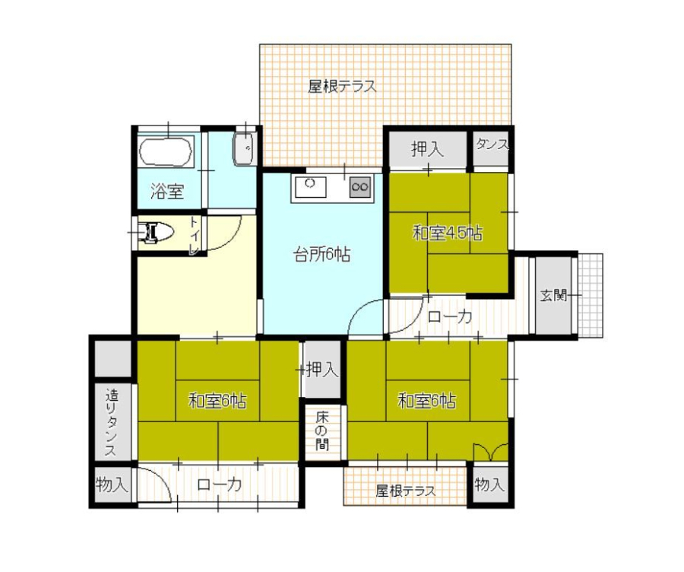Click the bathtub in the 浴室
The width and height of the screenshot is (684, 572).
point(166,151)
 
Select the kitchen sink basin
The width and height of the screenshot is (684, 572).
point(311,187)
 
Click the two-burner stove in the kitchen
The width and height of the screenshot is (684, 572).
point(360,187)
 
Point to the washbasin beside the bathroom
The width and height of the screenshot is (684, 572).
point(245,148)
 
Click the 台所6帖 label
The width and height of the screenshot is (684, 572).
point(321,254)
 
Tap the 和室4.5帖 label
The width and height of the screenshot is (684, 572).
point(448,234)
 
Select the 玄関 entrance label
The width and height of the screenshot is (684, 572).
point(553,295)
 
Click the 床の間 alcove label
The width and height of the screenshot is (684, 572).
point(322,431)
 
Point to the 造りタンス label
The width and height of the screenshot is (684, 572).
point(112,423)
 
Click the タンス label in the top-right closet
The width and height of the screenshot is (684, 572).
point(492,145)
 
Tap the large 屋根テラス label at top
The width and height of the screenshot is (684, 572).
point(342,87)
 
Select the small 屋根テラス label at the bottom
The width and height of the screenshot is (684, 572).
point(406,491)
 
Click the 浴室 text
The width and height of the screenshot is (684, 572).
point(167,191)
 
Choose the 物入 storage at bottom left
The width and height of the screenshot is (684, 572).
point(112,484)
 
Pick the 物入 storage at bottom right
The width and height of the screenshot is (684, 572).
point(491,484)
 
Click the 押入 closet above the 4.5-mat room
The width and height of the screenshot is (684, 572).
point(428,149)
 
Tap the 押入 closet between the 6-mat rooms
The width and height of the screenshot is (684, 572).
point(322,370)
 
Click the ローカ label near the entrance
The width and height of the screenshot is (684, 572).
point(449,316)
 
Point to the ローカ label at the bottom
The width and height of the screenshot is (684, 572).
point(220,485)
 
